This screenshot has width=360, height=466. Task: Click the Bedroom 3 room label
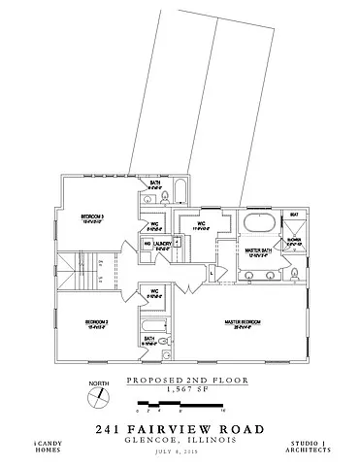pos(93,216)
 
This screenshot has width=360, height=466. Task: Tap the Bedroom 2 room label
pos(94,321)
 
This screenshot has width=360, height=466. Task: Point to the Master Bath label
pos(257,250)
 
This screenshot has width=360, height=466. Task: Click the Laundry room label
pos(163,244)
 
